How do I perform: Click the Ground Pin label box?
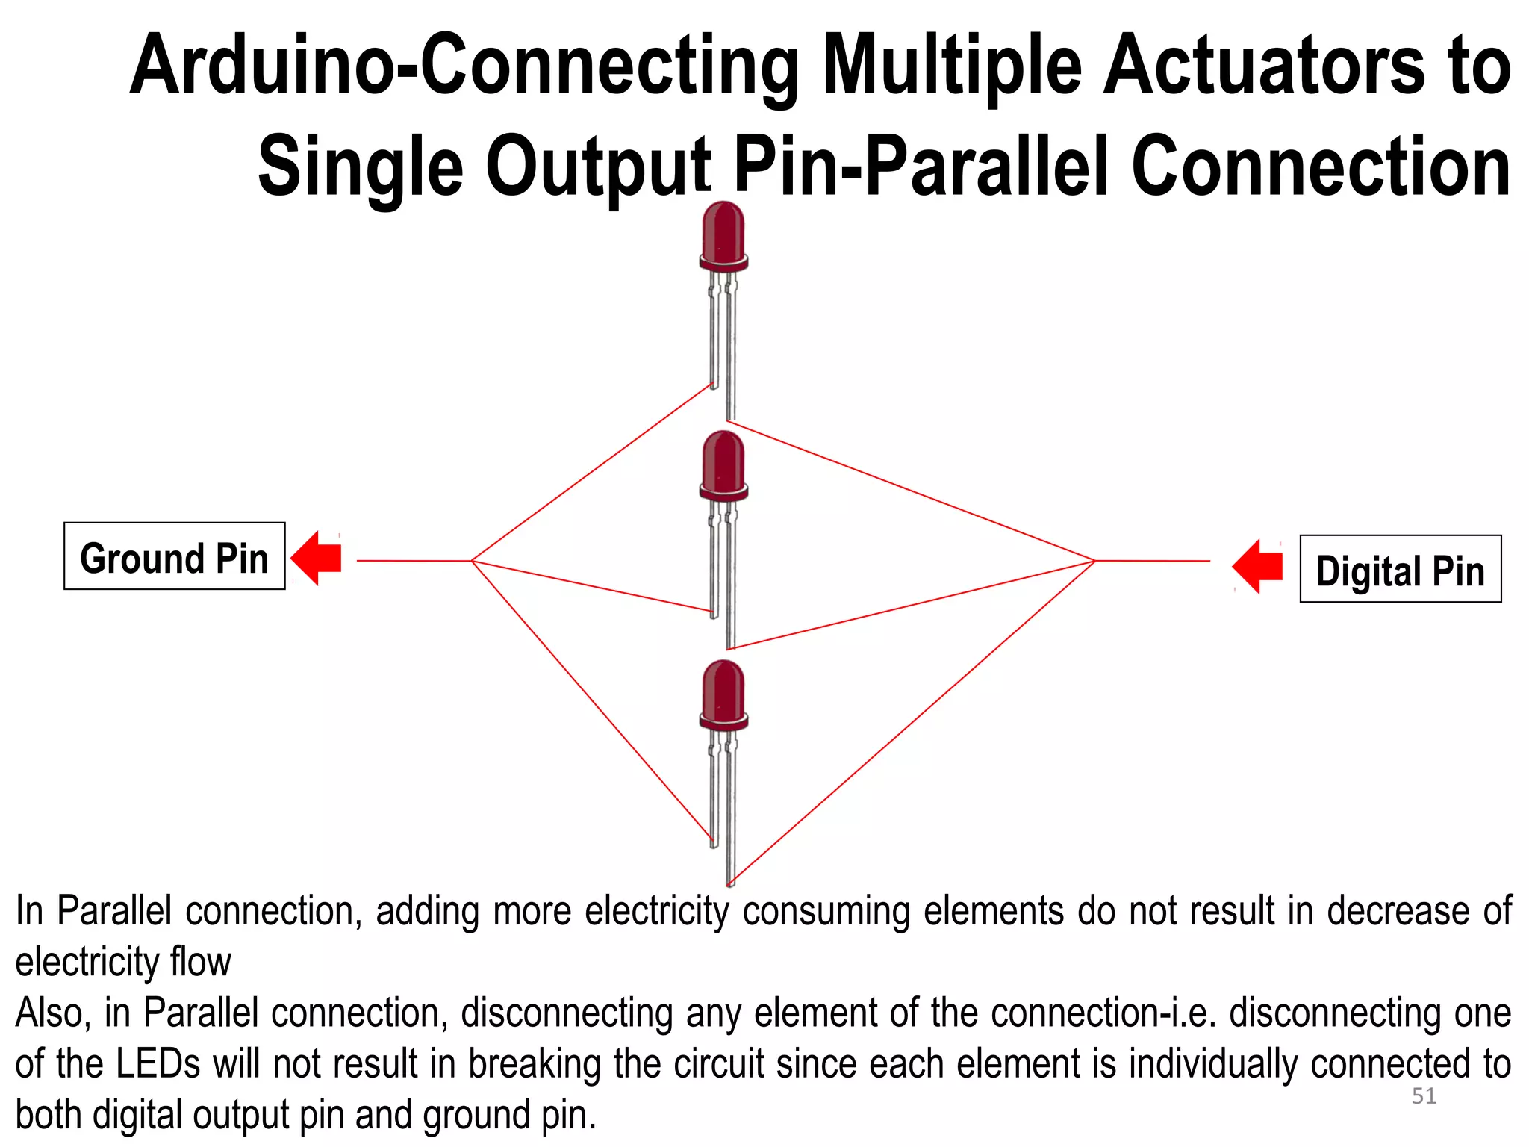(x=174, y=556)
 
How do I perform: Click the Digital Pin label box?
(x=1400, y=569)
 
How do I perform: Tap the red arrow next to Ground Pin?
(x=317, y=558)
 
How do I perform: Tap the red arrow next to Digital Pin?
(x=1258, y=566)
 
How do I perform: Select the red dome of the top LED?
(x=723, y=231)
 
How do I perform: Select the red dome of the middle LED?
(x=723, y=461)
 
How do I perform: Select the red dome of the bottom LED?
(x=723, y=691)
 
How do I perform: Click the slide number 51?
(x=1424, y=1095)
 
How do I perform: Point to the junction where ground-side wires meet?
(x=472, y=560)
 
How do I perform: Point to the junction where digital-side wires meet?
(x=1094, y=561)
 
